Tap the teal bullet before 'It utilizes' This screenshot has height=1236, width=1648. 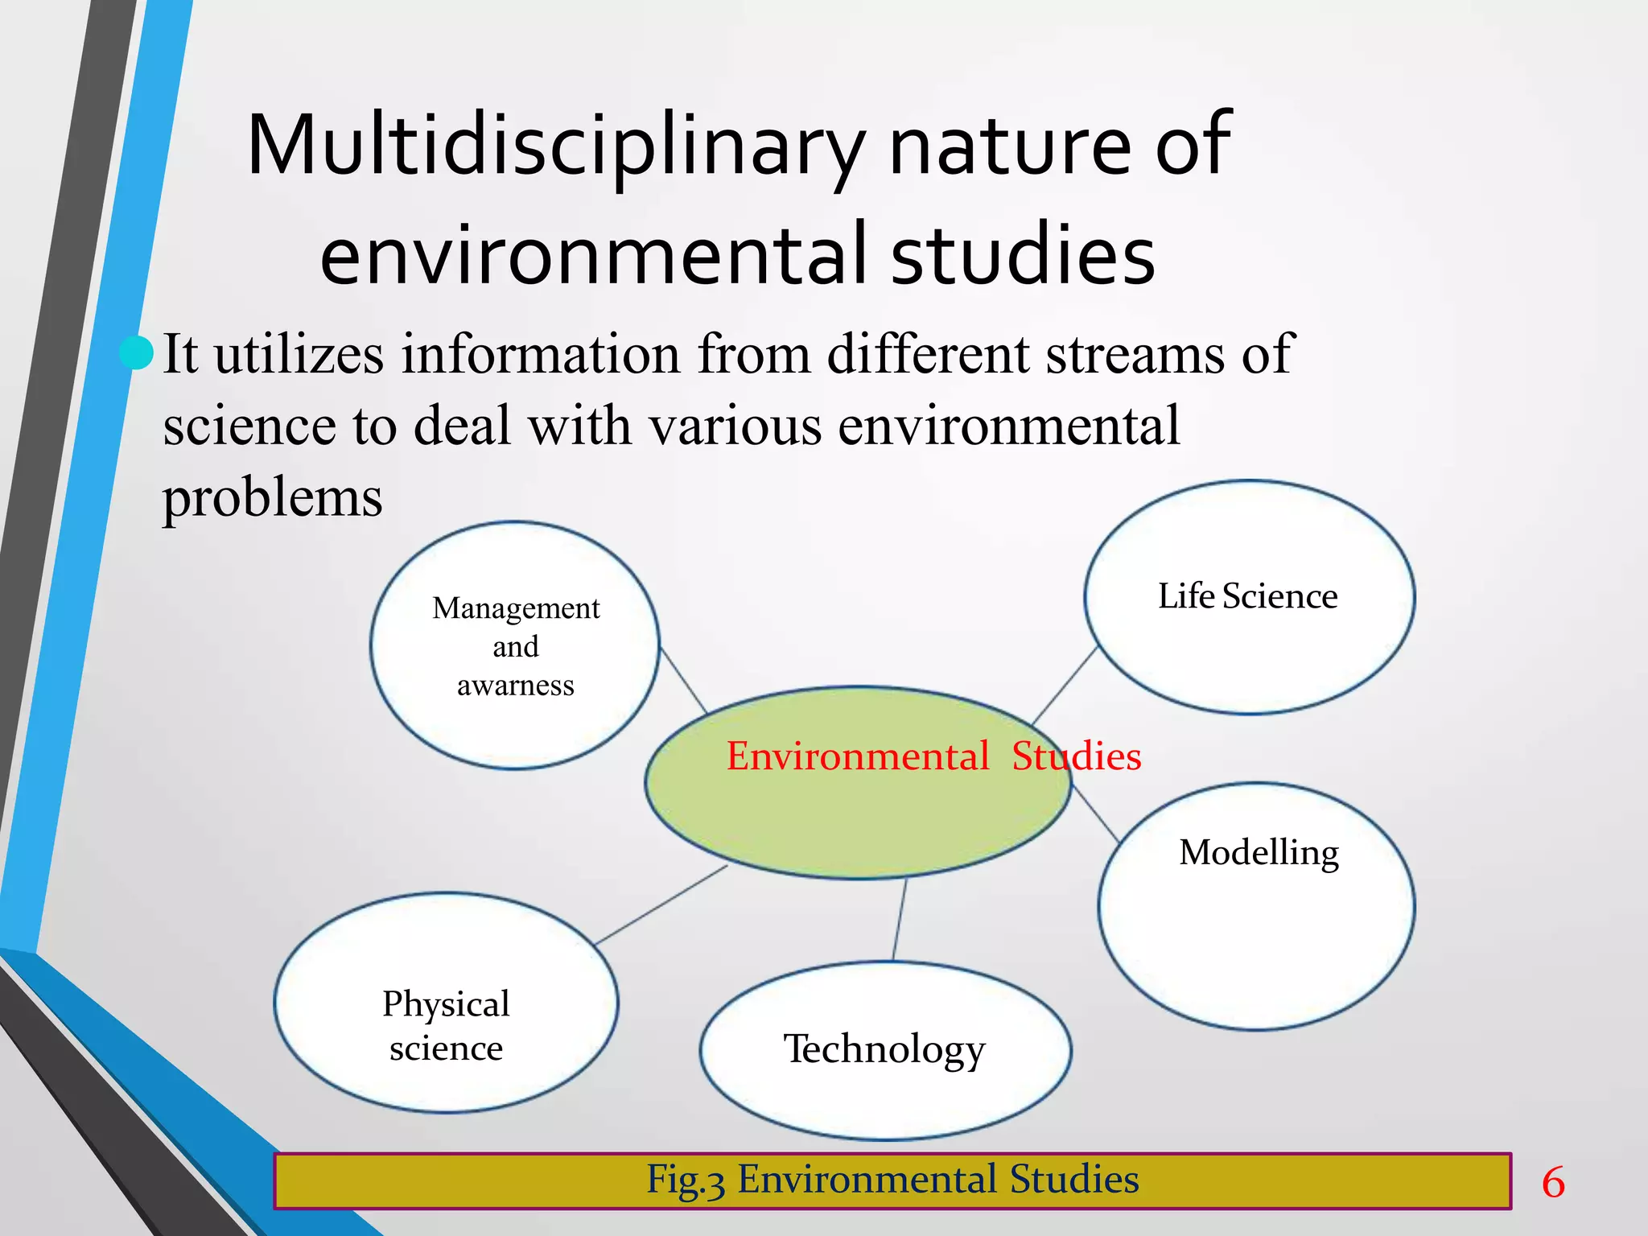pos(137,353)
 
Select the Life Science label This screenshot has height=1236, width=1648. pos(1247,597)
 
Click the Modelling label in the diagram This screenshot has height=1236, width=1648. pos(1259,853)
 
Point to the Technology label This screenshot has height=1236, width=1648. pos(884,1049)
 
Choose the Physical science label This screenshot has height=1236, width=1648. pos(446,1026)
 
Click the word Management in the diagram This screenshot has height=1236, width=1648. pos(516,609)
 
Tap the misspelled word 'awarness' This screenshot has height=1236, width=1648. pos(516,686)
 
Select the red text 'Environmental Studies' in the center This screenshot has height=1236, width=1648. pos(933,756)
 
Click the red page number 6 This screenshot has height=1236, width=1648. pos(1553,1183)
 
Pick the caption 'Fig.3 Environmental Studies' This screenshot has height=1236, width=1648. pos(892,1180)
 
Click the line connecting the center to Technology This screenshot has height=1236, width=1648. pos(900,920)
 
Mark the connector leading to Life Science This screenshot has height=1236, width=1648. pos(1064,686)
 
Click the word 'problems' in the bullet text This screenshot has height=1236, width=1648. pos(273,497)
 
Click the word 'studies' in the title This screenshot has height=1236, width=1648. pos(1023,255)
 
